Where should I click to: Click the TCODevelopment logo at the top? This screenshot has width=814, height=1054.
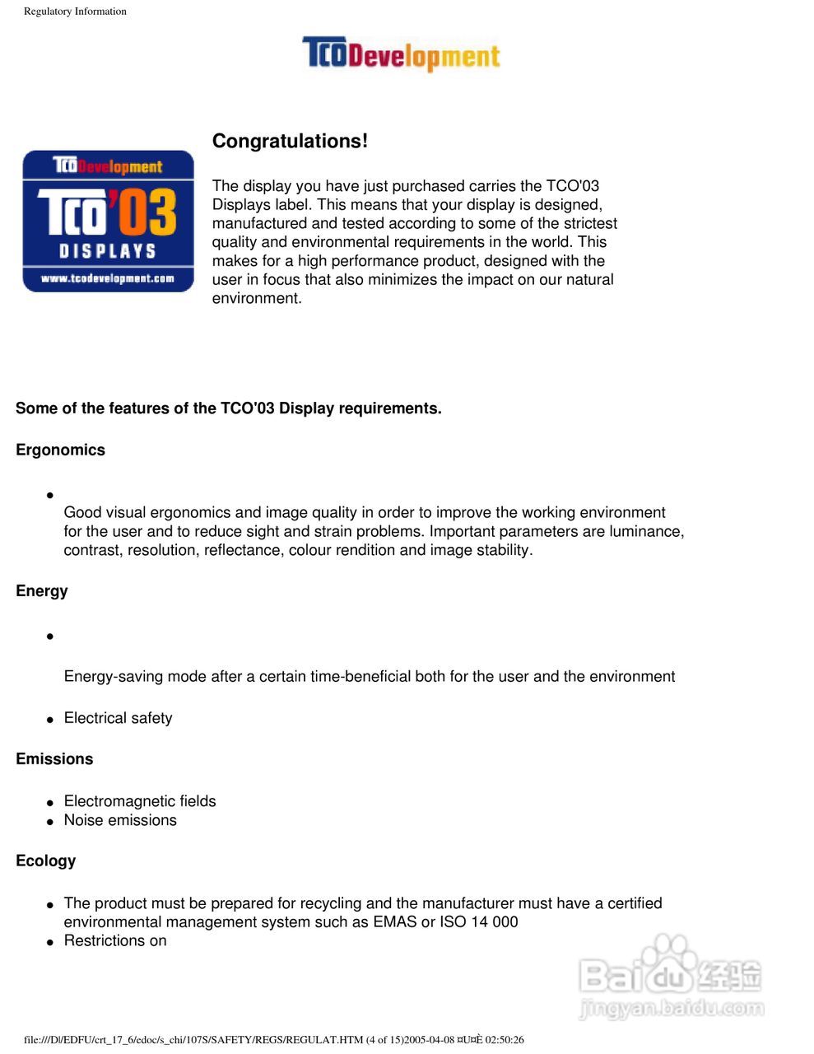[401, 54]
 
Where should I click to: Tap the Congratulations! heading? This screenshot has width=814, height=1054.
[290, 141]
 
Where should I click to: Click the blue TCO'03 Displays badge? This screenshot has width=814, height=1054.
[108, 221]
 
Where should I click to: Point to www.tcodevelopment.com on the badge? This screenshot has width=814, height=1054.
[108, 278]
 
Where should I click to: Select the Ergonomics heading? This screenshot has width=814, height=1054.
[60, 450]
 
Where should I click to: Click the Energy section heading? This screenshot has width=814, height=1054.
[42, 590]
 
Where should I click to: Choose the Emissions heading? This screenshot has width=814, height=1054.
[54, 758]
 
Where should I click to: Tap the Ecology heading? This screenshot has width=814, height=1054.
[45, 860]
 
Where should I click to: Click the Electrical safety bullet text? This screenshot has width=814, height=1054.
[119, 718]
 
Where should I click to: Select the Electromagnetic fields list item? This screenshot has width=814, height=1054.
[140, 801]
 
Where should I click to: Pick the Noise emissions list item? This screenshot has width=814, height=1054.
[120, 820]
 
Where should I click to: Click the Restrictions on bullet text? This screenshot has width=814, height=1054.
[115, 940]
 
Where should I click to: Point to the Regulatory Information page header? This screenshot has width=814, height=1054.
[75, 12]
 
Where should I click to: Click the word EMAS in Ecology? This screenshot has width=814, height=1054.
[395, 921]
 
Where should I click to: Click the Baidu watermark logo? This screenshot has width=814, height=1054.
[671, 977]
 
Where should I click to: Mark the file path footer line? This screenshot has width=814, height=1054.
[274, 1039]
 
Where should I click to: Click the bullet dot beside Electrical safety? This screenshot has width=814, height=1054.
[50, 720]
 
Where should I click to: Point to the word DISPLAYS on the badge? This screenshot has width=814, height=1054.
[108, 250]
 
